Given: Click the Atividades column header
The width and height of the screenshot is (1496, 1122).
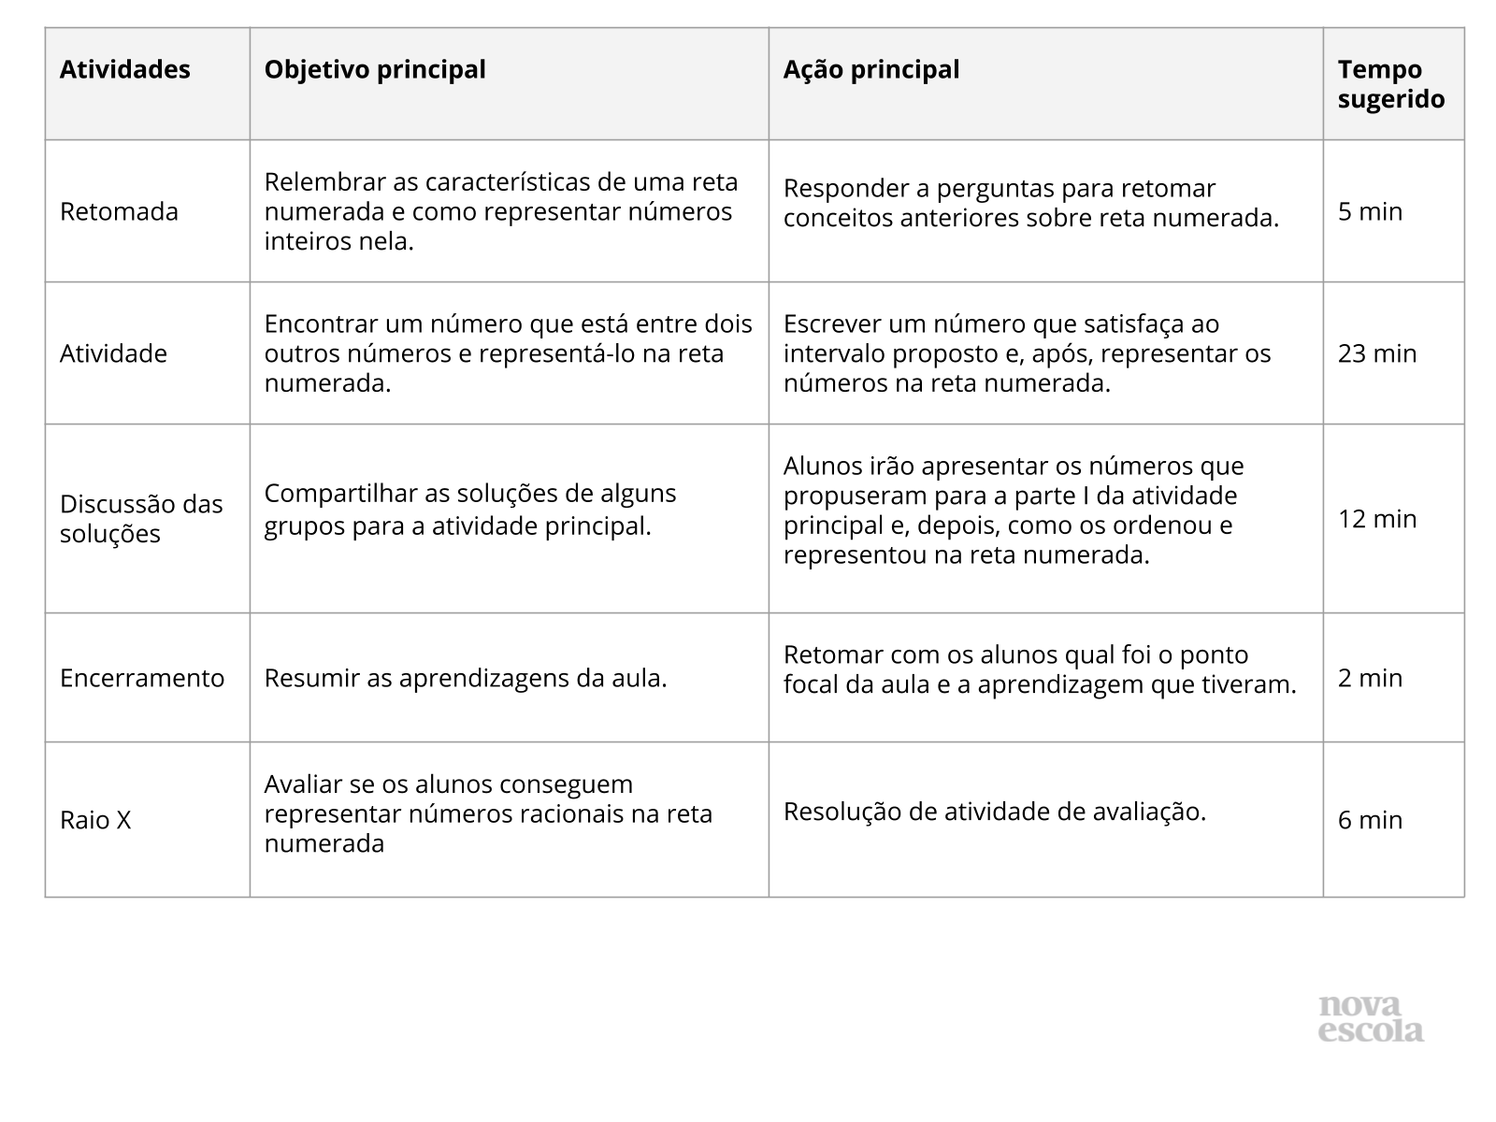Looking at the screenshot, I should [x=124, y=70].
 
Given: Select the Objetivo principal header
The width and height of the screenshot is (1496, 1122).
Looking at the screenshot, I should [x=375, y=70].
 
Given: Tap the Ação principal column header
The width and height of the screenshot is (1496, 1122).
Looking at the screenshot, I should [x=870, y=70].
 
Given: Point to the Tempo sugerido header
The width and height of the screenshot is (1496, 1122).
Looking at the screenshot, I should [x=1390, y=84].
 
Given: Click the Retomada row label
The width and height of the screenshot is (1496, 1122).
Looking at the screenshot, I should [x=119, y=212].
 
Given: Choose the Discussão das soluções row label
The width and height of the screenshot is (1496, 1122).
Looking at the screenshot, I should [x=141, y=519].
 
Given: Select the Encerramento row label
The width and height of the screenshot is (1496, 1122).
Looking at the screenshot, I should [x=142, y=678].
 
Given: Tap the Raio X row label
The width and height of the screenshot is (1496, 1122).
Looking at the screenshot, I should [x=95, y=820].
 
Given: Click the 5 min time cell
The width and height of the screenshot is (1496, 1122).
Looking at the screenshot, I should [x=1370, y=212].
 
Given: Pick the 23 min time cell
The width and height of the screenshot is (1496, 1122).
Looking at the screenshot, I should [x=1376, y=353].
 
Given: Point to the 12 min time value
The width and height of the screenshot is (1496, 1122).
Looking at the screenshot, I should [x=1376, y=519].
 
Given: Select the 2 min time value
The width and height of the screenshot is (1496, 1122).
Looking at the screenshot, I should [x=1370, y=678].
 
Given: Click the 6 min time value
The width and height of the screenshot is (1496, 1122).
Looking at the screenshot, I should [x=1370, y=820].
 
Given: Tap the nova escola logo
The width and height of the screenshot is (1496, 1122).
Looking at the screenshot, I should [x=1371, y=1018].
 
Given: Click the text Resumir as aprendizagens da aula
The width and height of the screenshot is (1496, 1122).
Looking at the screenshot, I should [x=466, y=678].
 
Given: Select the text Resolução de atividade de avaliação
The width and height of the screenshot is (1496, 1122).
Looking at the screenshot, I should [x=994, y=812].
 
